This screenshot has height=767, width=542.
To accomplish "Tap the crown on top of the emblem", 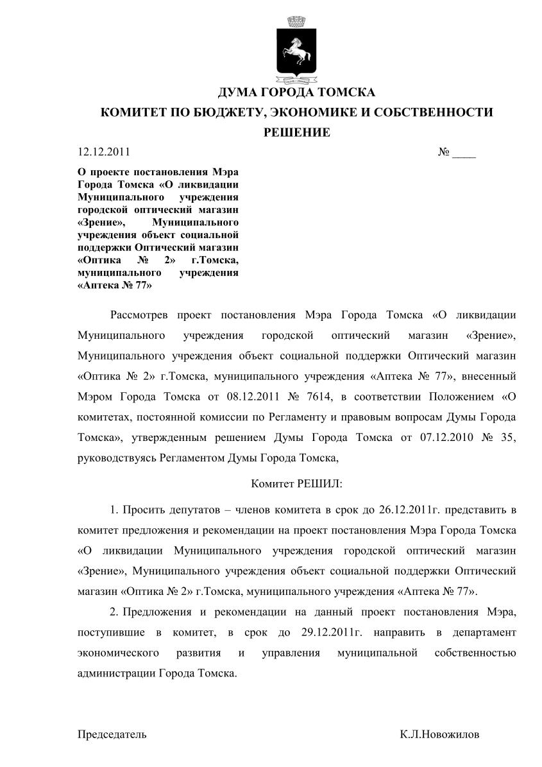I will click(x=296, y=21).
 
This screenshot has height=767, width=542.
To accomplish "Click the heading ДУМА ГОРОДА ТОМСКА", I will click(x=296, y=92).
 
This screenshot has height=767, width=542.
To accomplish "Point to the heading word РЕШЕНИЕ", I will click(x=297, y=133).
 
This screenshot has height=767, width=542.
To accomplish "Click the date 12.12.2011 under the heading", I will click(x=103, y=152).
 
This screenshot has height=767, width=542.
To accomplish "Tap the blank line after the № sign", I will click(x=464, y=154).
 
